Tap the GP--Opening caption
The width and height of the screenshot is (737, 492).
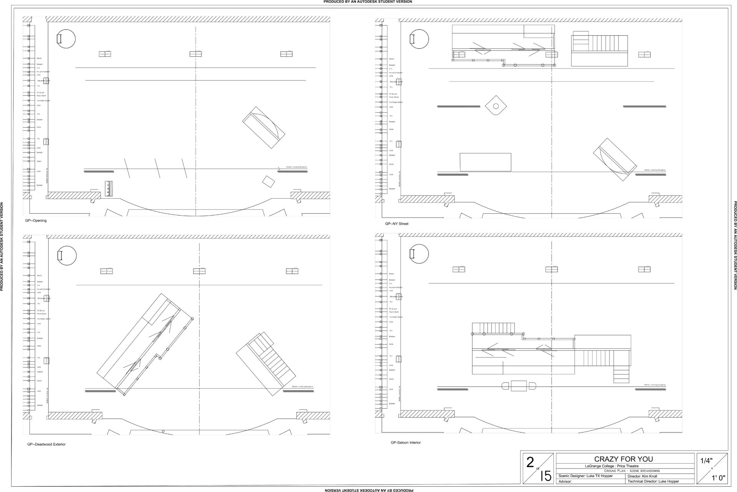pos(36,221)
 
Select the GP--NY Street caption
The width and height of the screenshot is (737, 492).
pos(397,224)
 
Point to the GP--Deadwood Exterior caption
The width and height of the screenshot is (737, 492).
pos(46,444)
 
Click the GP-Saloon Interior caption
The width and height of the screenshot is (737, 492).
pos(405,442)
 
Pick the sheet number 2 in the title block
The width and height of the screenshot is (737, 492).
pos(530,463)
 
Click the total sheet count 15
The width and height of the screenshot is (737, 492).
pos(545,477)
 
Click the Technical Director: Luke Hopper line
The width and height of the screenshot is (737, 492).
pos(653,481)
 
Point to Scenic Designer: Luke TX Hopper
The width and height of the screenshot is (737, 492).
pos(585,476)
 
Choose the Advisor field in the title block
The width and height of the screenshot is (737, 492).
pos(565,481)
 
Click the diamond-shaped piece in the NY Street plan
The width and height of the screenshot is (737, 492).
pos(496,105)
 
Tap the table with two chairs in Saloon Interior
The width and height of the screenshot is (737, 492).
pos(519,386)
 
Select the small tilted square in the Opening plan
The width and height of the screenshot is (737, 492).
pos(268,181)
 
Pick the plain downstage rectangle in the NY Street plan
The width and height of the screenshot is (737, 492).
pos(486,162)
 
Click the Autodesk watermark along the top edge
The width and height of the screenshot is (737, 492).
pos(368,2)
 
